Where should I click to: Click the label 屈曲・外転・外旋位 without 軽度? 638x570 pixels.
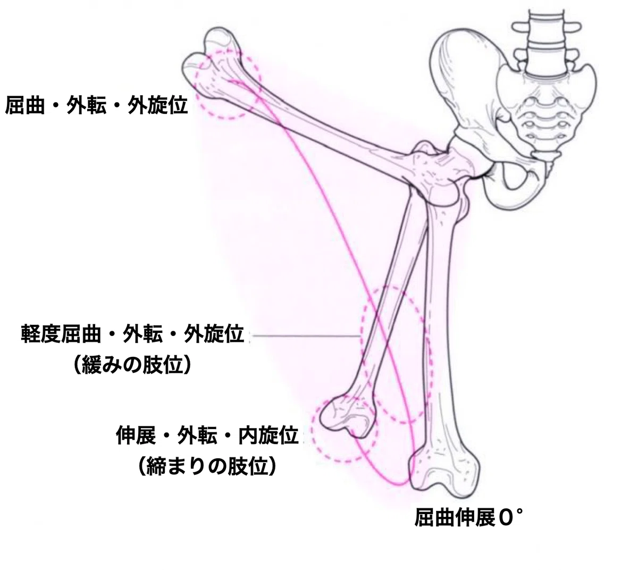(x=97, y=105)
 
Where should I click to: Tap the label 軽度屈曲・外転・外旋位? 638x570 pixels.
(x=132, y=334)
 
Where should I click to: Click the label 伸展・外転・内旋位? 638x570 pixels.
(x=207, y=436)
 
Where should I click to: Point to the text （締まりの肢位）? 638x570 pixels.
(x=207, y=466)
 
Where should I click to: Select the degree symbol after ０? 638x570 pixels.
(x=519, y=512)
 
